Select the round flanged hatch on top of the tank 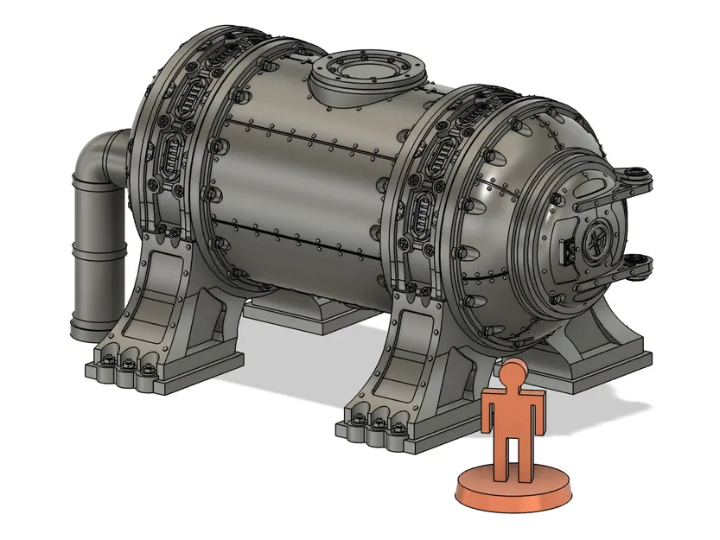(x=366, y=77)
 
